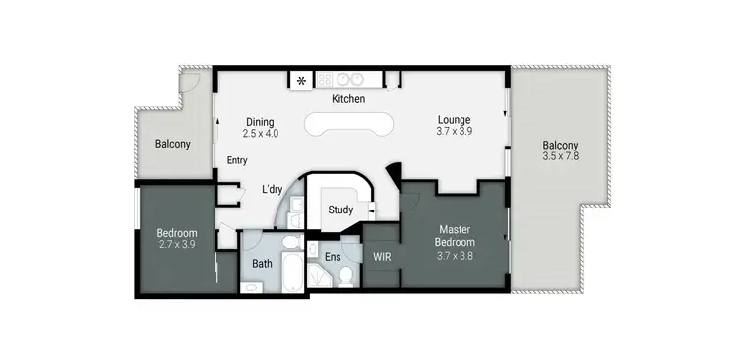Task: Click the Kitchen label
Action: coord(348,99)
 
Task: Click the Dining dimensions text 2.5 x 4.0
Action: coord(261,133)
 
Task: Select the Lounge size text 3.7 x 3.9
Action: coord(455,131)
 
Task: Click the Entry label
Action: coord(237,160)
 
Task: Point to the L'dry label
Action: coord(273,189)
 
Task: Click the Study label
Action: coord(340,209)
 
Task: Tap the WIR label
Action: coord(382,256)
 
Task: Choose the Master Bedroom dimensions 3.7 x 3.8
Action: coord(456,254)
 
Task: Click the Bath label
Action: coord(262,263)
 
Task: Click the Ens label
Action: coord(333,256)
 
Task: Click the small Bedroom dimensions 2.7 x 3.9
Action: coord(177,245)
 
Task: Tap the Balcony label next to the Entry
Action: coord(172,144)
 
